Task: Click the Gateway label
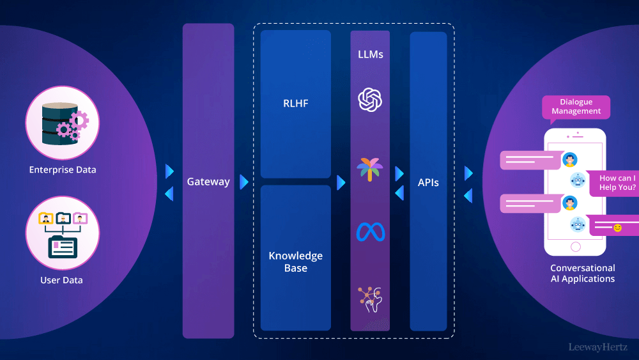(x=208, y=182)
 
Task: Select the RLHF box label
(x=296, y=103)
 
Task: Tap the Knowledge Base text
(x=296, y=262)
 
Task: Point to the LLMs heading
(x=370, y=54)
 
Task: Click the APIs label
(x=428, y=182)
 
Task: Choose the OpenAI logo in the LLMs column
(x=370, y=100)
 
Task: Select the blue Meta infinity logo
(x=370, y=231)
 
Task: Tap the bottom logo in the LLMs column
(x=370, y=299)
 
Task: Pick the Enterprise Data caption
(x=63, y=170)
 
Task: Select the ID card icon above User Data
(x=63, y=246)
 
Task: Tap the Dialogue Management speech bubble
(x=576, y=107)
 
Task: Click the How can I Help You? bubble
(x=617, y=183)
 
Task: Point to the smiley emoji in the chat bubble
(x=617, y=228)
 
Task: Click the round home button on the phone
(x=576, y=246)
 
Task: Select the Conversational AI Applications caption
(x=583, y=274)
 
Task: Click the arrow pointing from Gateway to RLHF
(x=244, y=182)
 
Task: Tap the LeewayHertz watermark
(x=599, y=347)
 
